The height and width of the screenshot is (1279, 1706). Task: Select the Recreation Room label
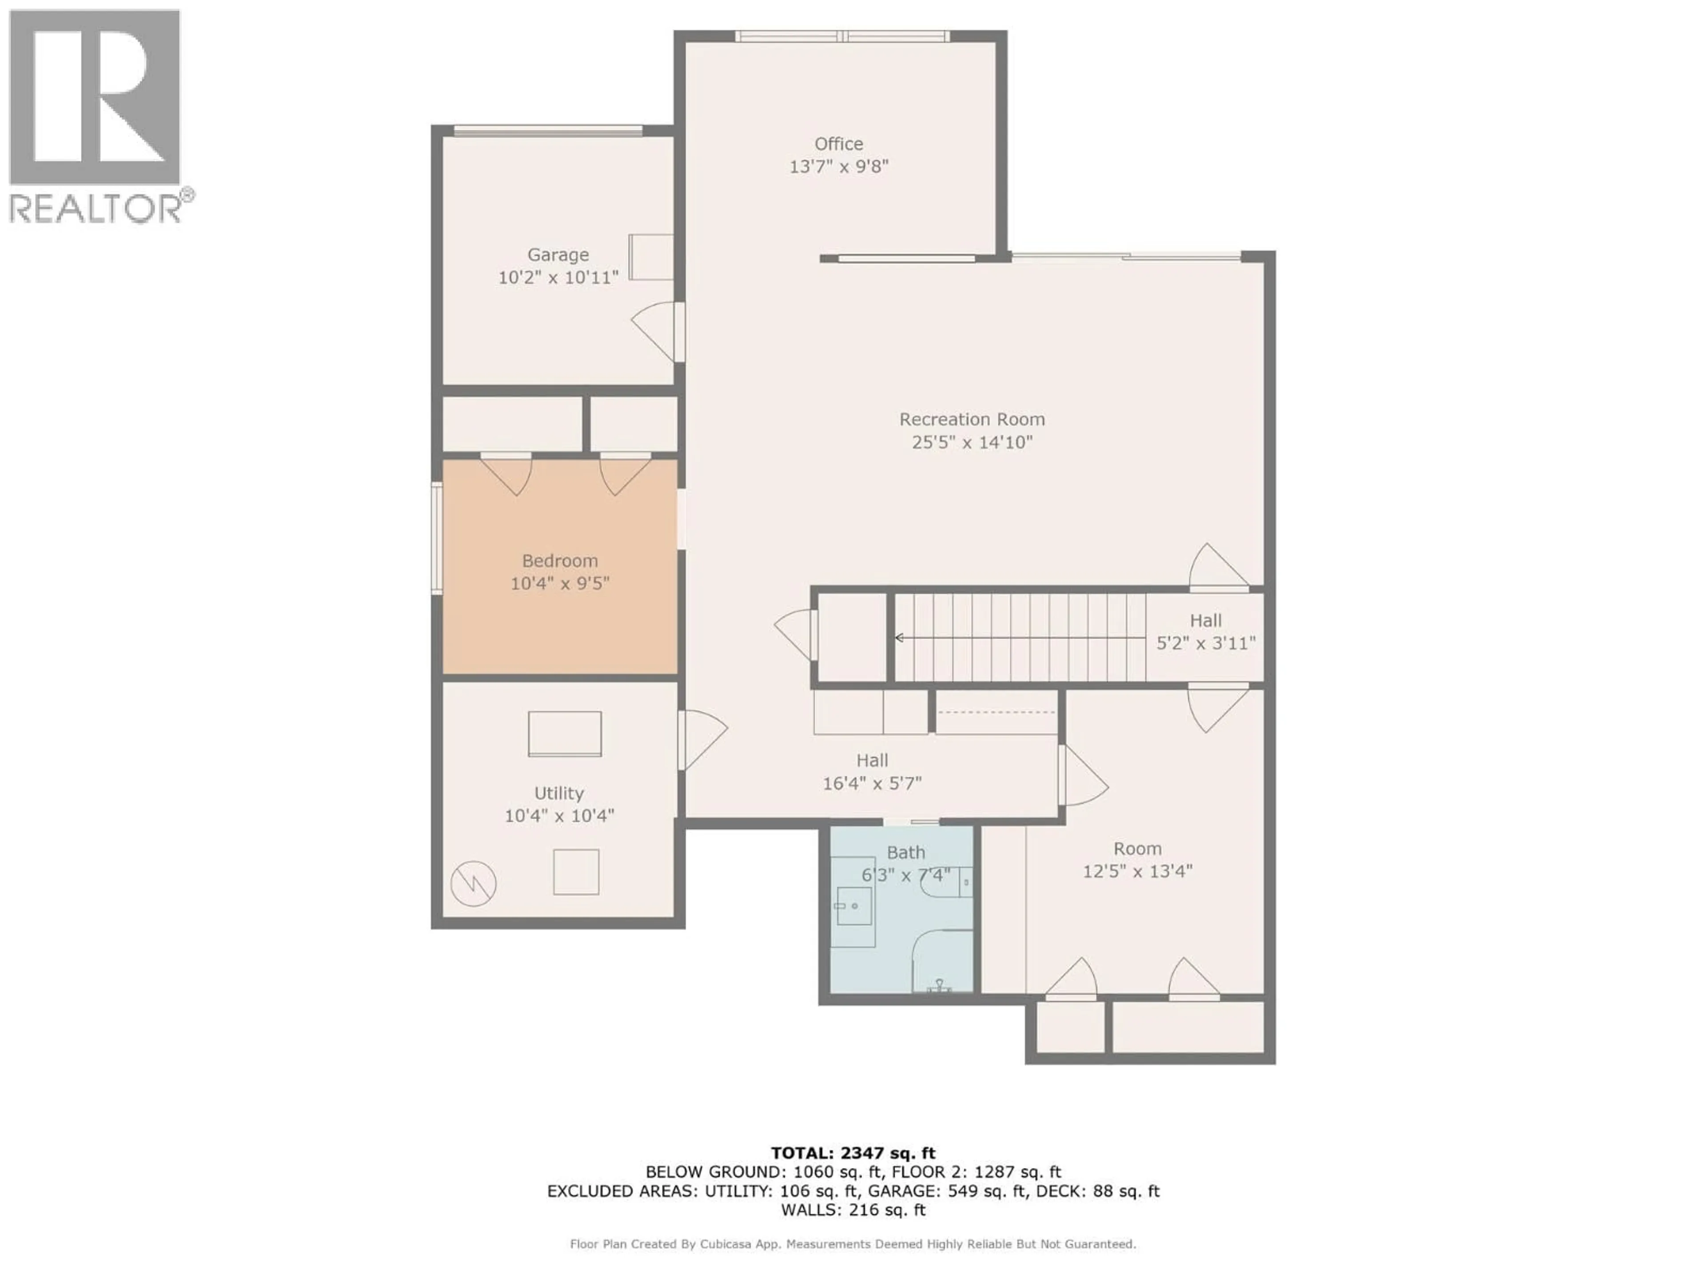point(972,419)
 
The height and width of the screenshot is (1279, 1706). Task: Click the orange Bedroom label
point(559,560)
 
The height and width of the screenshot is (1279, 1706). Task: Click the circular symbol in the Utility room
point(473,883)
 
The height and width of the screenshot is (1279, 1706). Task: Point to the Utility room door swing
point(703,739)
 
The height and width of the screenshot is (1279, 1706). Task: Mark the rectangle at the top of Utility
point(565,734)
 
